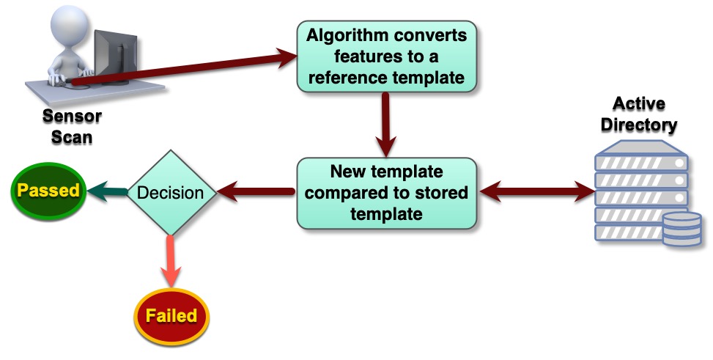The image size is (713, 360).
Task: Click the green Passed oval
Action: point(48,191)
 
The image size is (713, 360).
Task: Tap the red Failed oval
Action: point(171,316)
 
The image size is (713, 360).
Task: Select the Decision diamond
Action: point(171,193)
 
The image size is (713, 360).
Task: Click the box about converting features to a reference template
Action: point(386,56)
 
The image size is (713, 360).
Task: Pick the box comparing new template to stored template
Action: point(386,193)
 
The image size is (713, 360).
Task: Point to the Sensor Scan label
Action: point(72,126)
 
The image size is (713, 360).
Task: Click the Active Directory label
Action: point(638,114)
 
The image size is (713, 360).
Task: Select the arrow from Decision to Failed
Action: point(171,260)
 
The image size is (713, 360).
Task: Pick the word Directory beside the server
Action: point(638,124)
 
